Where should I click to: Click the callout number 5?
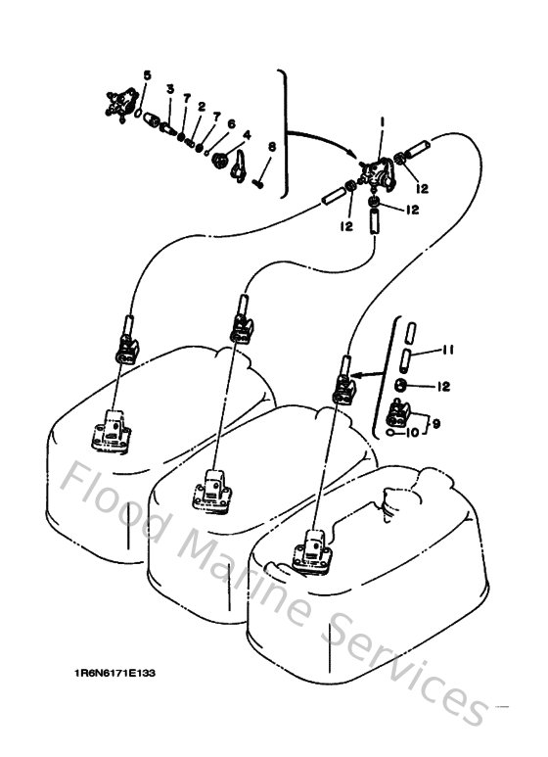[147, 75]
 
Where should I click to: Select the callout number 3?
[169, 91]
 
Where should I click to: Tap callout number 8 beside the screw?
[271, 147]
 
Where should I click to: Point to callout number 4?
[246, 134]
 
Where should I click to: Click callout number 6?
[231, 123]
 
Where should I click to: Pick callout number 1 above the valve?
[381, 120]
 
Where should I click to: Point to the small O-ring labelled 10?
[392, 429]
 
